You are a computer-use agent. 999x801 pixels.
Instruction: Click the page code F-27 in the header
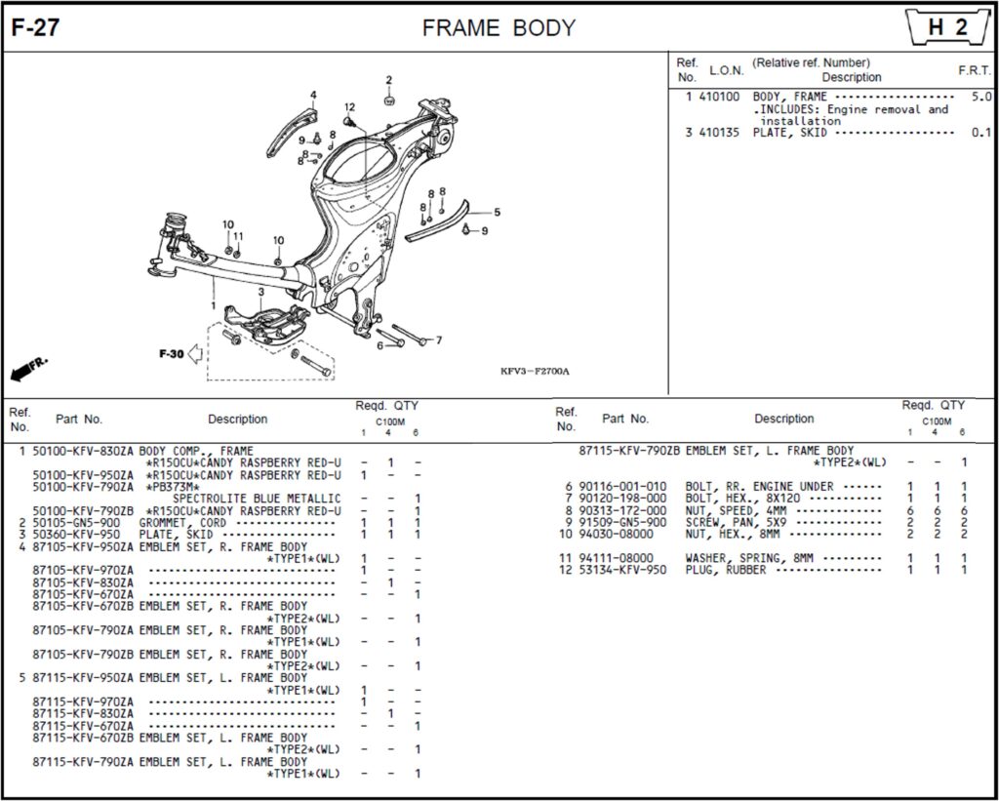[35, 28]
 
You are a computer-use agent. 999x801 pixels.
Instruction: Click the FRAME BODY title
[499, 28]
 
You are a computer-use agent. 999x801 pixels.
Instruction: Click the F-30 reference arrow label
[172, 353]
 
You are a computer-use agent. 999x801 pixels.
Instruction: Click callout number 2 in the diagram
[388, 80]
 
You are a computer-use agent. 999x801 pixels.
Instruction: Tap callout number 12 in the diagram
[349, 107]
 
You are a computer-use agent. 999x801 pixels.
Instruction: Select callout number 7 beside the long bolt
[438, 340]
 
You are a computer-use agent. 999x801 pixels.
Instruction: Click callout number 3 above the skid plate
[260, 292]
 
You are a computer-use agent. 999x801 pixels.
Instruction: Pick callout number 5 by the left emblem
[497, 212]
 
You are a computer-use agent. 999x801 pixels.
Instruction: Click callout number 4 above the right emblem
[313, 95]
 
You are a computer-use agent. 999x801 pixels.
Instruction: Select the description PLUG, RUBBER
[726, 570]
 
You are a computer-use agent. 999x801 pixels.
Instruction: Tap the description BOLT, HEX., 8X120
[742, 499]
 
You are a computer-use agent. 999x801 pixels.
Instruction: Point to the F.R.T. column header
[974, 70]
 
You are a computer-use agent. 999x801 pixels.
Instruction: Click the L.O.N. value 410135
[719, 133]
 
